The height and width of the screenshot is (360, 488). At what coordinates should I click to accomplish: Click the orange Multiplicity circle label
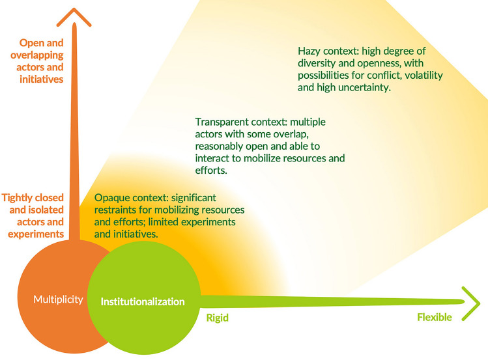59,300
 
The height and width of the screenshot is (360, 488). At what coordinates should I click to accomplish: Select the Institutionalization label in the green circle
143,302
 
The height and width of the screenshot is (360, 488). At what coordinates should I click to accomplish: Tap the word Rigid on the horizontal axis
218,318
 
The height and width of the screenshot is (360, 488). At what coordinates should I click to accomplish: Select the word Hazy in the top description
310,51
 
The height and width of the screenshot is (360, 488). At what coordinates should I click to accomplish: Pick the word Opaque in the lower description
112,198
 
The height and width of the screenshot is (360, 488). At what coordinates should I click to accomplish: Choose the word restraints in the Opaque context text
117,210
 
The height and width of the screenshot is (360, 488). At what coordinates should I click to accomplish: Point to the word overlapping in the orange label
36,56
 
